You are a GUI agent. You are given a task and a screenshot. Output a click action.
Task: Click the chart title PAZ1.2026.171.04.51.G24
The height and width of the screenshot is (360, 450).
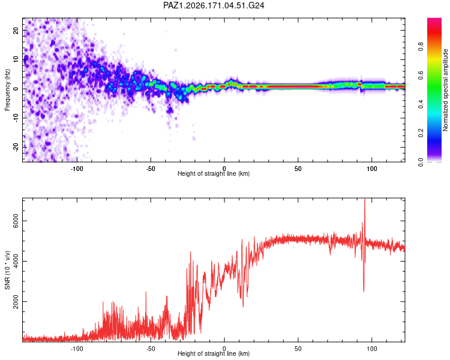tap(214, 5)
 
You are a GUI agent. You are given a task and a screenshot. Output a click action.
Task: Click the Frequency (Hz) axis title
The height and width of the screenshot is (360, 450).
tap(7, 90)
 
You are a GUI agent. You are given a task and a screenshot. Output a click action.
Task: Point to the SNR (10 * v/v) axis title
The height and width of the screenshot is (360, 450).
tap(7, 270)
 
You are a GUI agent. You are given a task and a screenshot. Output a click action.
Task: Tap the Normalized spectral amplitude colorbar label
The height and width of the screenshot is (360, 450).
tap(445, 90)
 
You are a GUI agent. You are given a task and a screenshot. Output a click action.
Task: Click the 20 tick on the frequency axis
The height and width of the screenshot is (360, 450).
tap(16, 30)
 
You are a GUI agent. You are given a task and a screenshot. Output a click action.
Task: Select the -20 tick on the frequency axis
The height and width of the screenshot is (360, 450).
tap(16, 147)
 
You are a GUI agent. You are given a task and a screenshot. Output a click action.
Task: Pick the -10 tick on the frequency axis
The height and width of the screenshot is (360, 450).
tap(16, 118)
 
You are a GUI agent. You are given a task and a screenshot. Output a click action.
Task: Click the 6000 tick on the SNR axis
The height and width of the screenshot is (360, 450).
tap(16, 221)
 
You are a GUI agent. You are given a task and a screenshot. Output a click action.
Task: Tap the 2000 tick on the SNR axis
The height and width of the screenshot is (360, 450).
tap(16, 301)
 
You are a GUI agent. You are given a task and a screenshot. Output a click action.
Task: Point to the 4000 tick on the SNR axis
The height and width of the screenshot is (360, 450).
tap(16, 261)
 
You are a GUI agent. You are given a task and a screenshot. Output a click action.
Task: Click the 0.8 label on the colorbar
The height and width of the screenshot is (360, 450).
tap(421, 46)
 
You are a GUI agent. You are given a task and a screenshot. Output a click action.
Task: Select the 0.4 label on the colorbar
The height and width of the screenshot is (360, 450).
tap(421, 104)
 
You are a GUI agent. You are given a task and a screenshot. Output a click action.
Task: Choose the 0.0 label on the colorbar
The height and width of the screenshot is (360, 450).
tap(421, 162)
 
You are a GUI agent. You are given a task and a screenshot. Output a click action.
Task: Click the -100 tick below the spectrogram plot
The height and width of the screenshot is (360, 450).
tap(77, 169)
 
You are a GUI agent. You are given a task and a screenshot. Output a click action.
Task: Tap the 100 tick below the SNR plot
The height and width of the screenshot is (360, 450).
tap(372, 349)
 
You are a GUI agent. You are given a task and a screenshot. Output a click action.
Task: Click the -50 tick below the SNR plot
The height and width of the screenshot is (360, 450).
tap(151, 349)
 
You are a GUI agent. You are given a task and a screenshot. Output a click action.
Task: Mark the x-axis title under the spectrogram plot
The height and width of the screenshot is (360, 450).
tap(214, 173)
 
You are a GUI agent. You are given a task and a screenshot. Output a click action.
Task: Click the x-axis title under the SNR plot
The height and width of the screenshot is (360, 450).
tap(214, 353)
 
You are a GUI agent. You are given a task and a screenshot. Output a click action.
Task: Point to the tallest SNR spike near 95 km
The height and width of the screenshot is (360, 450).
tap(365, 199)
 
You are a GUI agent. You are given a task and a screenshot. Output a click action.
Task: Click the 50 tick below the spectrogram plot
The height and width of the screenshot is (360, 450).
tap(298, 169)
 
